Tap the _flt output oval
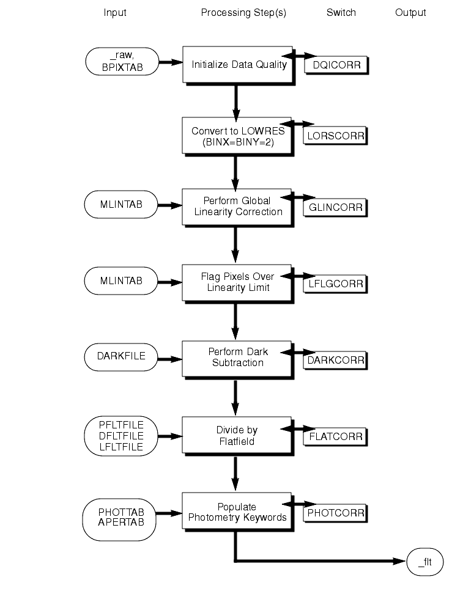click(424, 562)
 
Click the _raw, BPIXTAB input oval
click(121, 62)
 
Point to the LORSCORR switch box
click(335, 135)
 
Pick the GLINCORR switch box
click(335, 207)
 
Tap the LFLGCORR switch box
click(335, 283)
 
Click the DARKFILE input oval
click(121, 356)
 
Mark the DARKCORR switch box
click(335, 360)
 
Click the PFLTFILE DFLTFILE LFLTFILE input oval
click(121, 436)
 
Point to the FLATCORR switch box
click(336, 436)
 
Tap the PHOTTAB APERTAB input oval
click(121, 517)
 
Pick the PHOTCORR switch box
click(335, 513)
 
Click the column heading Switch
click(341, 13)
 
